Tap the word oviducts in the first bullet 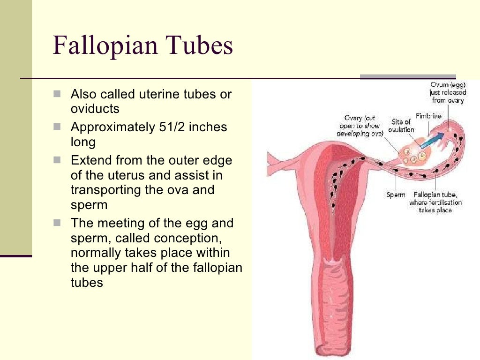(95, 109)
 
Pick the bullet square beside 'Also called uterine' (57, 94)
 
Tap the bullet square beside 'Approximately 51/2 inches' (57, 127)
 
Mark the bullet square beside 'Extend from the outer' (57, 160)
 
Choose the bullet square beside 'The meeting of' (57, 223)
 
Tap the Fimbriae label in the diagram (427, 116)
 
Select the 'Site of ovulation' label (401, 126)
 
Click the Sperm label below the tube (396, 194)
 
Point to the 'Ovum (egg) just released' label (448, 92)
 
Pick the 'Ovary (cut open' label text (360, 126)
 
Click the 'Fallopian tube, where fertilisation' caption (435, 202)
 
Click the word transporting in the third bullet (108, 190)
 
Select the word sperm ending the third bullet (89, 205)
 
